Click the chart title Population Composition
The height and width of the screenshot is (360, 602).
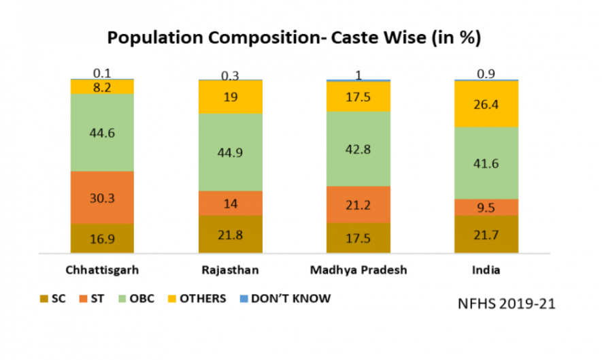click(295, 38)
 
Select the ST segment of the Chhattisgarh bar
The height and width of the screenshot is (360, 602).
click(102, 197)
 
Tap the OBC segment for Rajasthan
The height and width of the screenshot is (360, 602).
click(230, 152)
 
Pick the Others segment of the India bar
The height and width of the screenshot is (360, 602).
click(486, 104)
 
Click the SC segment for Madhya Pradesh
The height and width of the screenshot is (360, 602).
click(358, 237)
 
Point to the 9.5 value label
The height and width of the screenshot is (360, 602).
click(486, 207)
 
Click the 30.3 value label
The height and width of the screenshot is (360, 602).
click(102, 198)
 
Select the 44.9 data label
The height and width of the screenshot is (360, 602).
click(230, 152)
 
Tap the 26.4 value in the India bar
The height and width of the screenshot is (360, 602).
click(486, 104)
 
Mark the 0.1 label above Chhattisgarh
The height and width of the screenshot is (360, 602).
click(102, 73)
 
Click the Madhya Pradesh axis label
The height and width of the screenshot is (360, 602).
click(358, 270)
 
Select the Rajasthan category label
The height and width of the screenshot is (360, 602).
click(230, 270)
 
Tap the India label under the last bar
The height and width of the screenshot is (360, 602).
click(486, 270)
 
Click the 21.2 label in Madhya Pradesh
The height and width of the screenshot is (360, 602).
click(358, 204)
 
